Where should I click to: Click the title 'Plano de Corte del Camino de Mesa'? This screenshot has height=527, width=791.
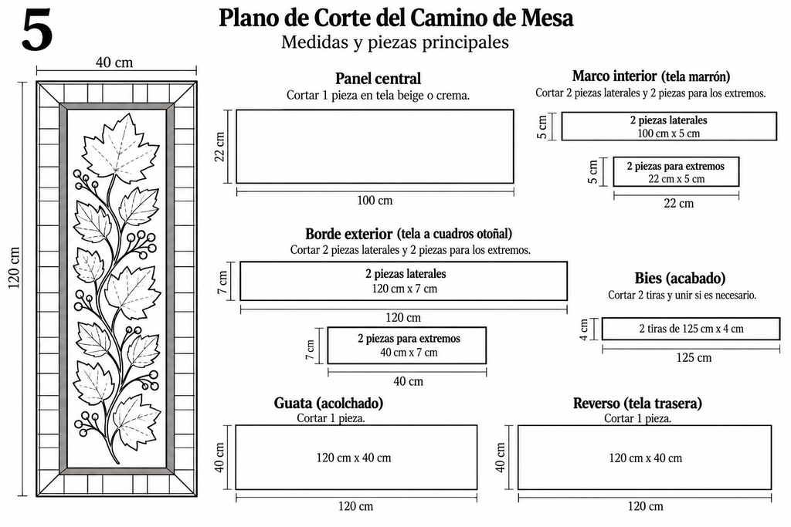pyautogui.click(x=396, y=19)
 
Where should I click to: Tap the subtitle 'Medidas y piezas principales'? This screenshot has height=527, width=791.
pyautogui.click(x=395, y=42)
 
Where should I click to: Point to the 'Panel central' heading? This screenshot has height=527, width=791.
pyautogui.click(x=378, y=79)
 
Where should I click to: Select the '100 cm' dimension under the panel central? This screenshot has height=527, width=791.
pyautogui.click(x=375, y=201)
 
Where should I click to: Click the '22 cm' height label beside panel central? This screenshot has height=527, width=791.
pyautogui.click(x=220, y=147)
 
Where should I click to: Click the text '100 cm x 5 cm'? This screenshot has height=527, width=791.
pyautogui.click(x=668, y=133)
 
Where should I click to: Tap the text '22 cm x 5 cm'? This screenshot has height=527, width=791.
pyautogui.click(x=677, y=179)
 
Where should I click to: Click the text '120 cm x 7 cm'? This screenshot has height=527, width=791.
pyautogui.click(x=405, y=289)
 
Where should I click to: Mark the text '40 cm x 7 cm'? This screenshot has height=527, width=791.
pyautogui.click(x=409, y=353)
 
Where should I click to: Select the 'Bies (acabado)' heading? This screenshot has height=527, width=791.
pyautogui.click(x=680, y=278)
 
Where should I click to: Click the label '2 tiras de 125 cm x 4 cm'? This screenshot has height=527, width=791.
pyautogui.click(x=691, y=329)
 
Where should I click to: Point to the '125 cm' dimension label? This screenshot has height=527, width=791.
pyautogui.click(x=694, y=358)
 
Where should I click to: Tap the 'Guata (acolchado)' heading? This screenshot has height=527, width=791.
pyautogui.click(x=328, y=403)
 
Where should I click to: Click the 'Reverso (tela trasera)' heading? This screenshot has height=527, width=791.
pyautogui.click(x=637, y=403)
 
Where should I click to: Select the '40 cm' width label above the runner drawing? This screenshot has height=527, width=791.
pyautogui.click(x=114, y=62)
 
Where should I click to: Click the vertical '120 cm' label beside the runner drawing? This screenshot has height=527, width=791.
pyautogui.click(x=14, y=268)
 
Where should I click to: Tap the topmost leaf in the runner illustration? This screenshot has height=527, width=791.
pyautogui.click(x=120, y=146)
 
